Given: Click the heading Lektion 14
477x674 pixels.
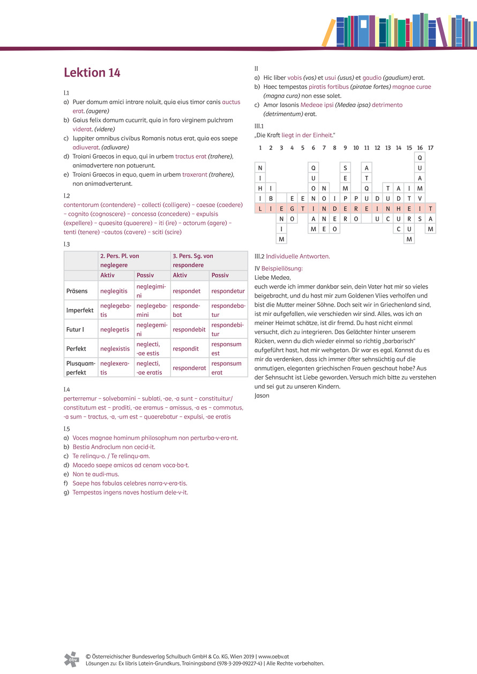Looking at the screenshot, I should click(x=92, y=73).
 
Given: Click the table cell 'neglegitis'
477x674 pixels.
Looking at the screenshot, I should click(x=114, y=291).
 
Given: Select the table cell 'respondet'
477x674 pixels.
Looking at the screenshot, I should click(x=185, y=291).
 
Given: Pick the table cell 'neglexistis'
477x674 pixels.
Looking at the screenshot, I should click(x=115, y=349).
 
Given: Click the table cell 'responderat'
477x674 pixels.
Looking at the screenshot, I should click(x=189, y=368).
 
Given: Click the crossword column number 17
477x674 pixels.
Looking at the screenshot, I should click(x=431, y=148).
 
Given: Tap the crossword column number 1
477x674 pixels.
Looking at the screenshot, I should click(x=260, y=148).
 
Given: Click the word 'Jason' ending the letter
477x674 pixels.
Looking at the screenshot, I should click(x=262, y=396).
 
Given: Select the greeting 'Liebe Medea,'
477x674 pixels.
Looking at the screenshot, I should click(x=272, y=277).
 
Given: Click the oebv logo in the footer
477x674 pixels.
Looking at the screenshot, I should click(x=71, y=659).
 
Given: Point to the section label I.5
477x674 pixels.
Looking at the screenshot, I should click(x=67, y=428).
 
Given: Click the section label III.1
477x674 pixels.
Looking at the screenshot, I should click(x=259, y=126).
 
